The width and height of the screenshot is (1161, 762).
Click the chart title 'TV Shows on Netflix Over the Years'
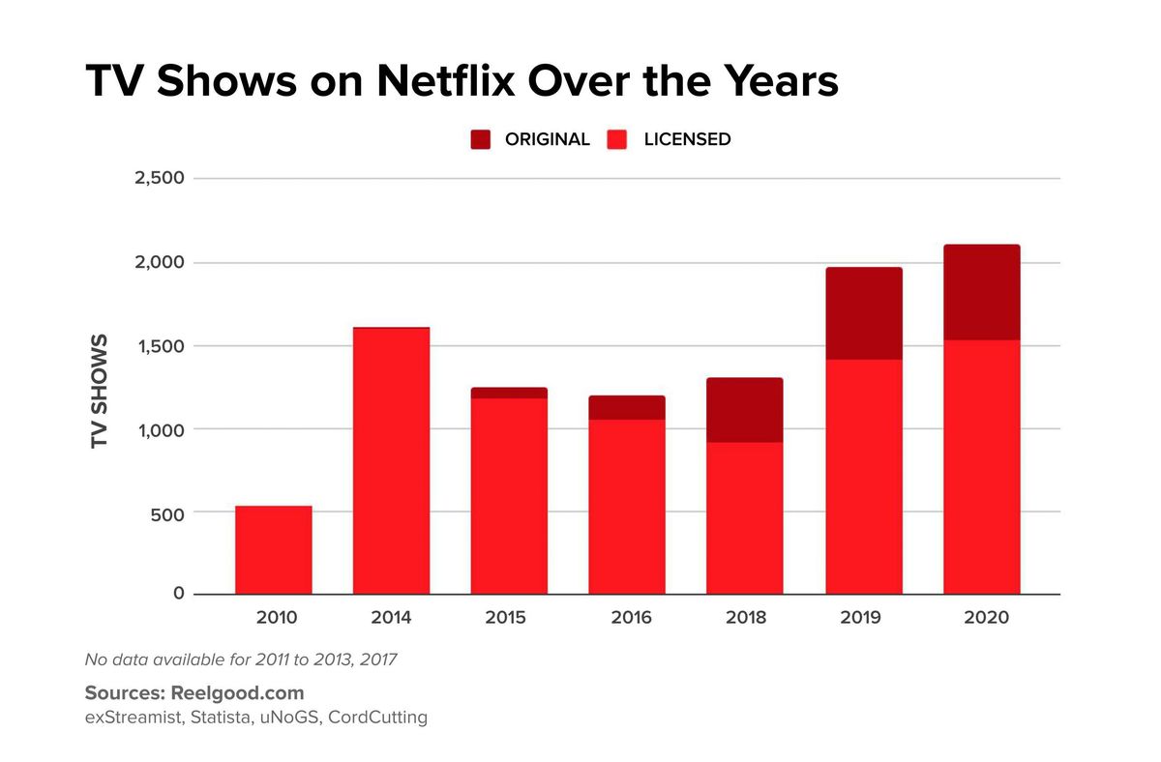[x=461, y=82]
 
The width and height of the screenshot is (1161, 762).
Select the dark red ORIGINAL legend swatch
[x=481, y=139]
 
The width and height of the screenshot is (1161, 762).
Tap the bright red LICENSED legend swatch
[x=619, y=139]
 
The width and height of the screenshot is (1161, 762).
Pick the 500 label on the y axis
[x=167, y=513]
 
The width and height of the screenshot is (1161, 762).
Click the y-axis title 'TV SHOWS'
[x=99, y=392]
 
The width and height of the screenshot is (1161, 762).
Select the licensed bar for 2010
[x=273, y=550]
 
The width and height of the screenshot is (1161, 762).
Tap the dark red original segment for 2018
[x=744, y=410]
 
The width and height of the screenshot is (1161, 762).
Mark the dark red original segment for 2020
[x=981, y=292]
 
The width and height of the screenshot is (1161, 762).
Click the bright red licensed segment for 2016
[x=626, y=507]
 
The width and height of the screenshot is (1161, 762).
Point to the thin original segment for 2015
[x=509, y=393]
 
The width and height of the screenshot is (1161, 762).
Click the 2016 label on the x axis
[x=631, y=618]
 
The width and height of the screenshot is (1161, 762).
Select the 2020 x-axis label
[x=986, y=618]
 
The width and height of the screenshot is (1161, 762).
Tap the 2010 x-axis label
[x=277, y=618]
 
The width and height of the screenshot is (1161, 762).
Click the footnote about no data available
[x=241, y=660]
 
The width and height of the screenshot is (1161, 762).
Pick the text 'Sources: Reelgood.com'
[x=194, y=693]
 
